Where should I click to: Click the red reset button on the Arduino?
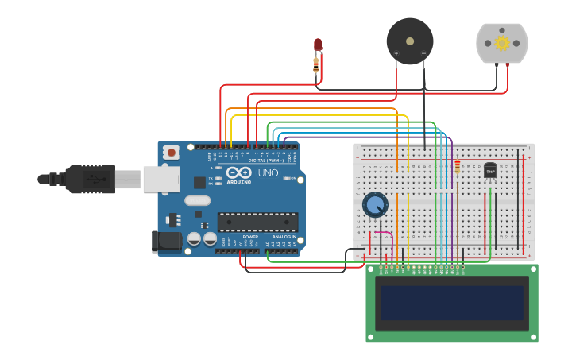(x=171, y=152)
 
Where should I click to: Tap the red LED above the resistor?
(x=318, y=45)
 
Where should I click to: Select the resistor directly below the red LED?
(x=316, y=64)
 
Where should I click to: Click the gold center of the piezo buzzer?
(x=410, y=41)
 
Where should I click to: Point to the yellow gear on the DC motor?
(x=501, y=43)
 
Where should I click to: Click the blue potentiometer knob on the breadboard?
(x=375, y=205)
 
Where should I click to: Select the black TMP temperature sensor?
(x=490, y=170)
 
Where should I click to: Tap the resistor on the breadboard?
(x=458, y=166)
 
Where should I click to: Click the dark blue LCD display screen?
(x=452, y=303)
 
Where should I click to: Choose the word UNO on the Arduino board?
(x=268, y=172)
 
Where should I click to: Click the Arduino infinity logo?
(x=238, y=172)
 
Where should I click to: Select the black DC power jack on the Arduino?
(x=165, y=241)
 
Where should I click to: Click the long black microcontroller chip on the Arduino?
(x=257, y=223)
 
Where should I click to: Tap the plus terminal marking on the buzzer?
(x=396, y=53)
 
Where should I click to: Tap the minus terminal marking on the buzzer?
(x=423, y=53)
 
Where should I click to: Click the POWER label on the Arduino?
(x=250, y=237)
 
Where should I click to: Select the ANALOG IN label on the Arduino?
(x=284, y=237)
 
